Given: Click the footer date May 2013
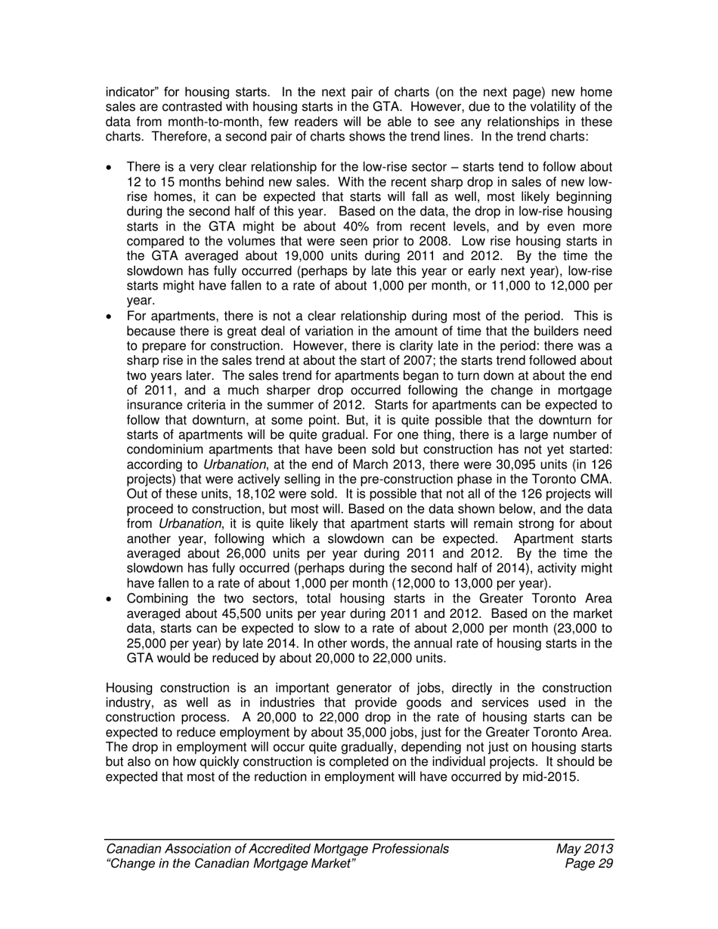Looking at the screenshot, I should (583, 849).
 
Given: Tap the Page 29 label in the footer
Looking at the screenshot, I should (588, 864).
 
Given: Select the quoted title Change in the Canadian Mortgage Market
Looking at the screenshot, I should (231, 864).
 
